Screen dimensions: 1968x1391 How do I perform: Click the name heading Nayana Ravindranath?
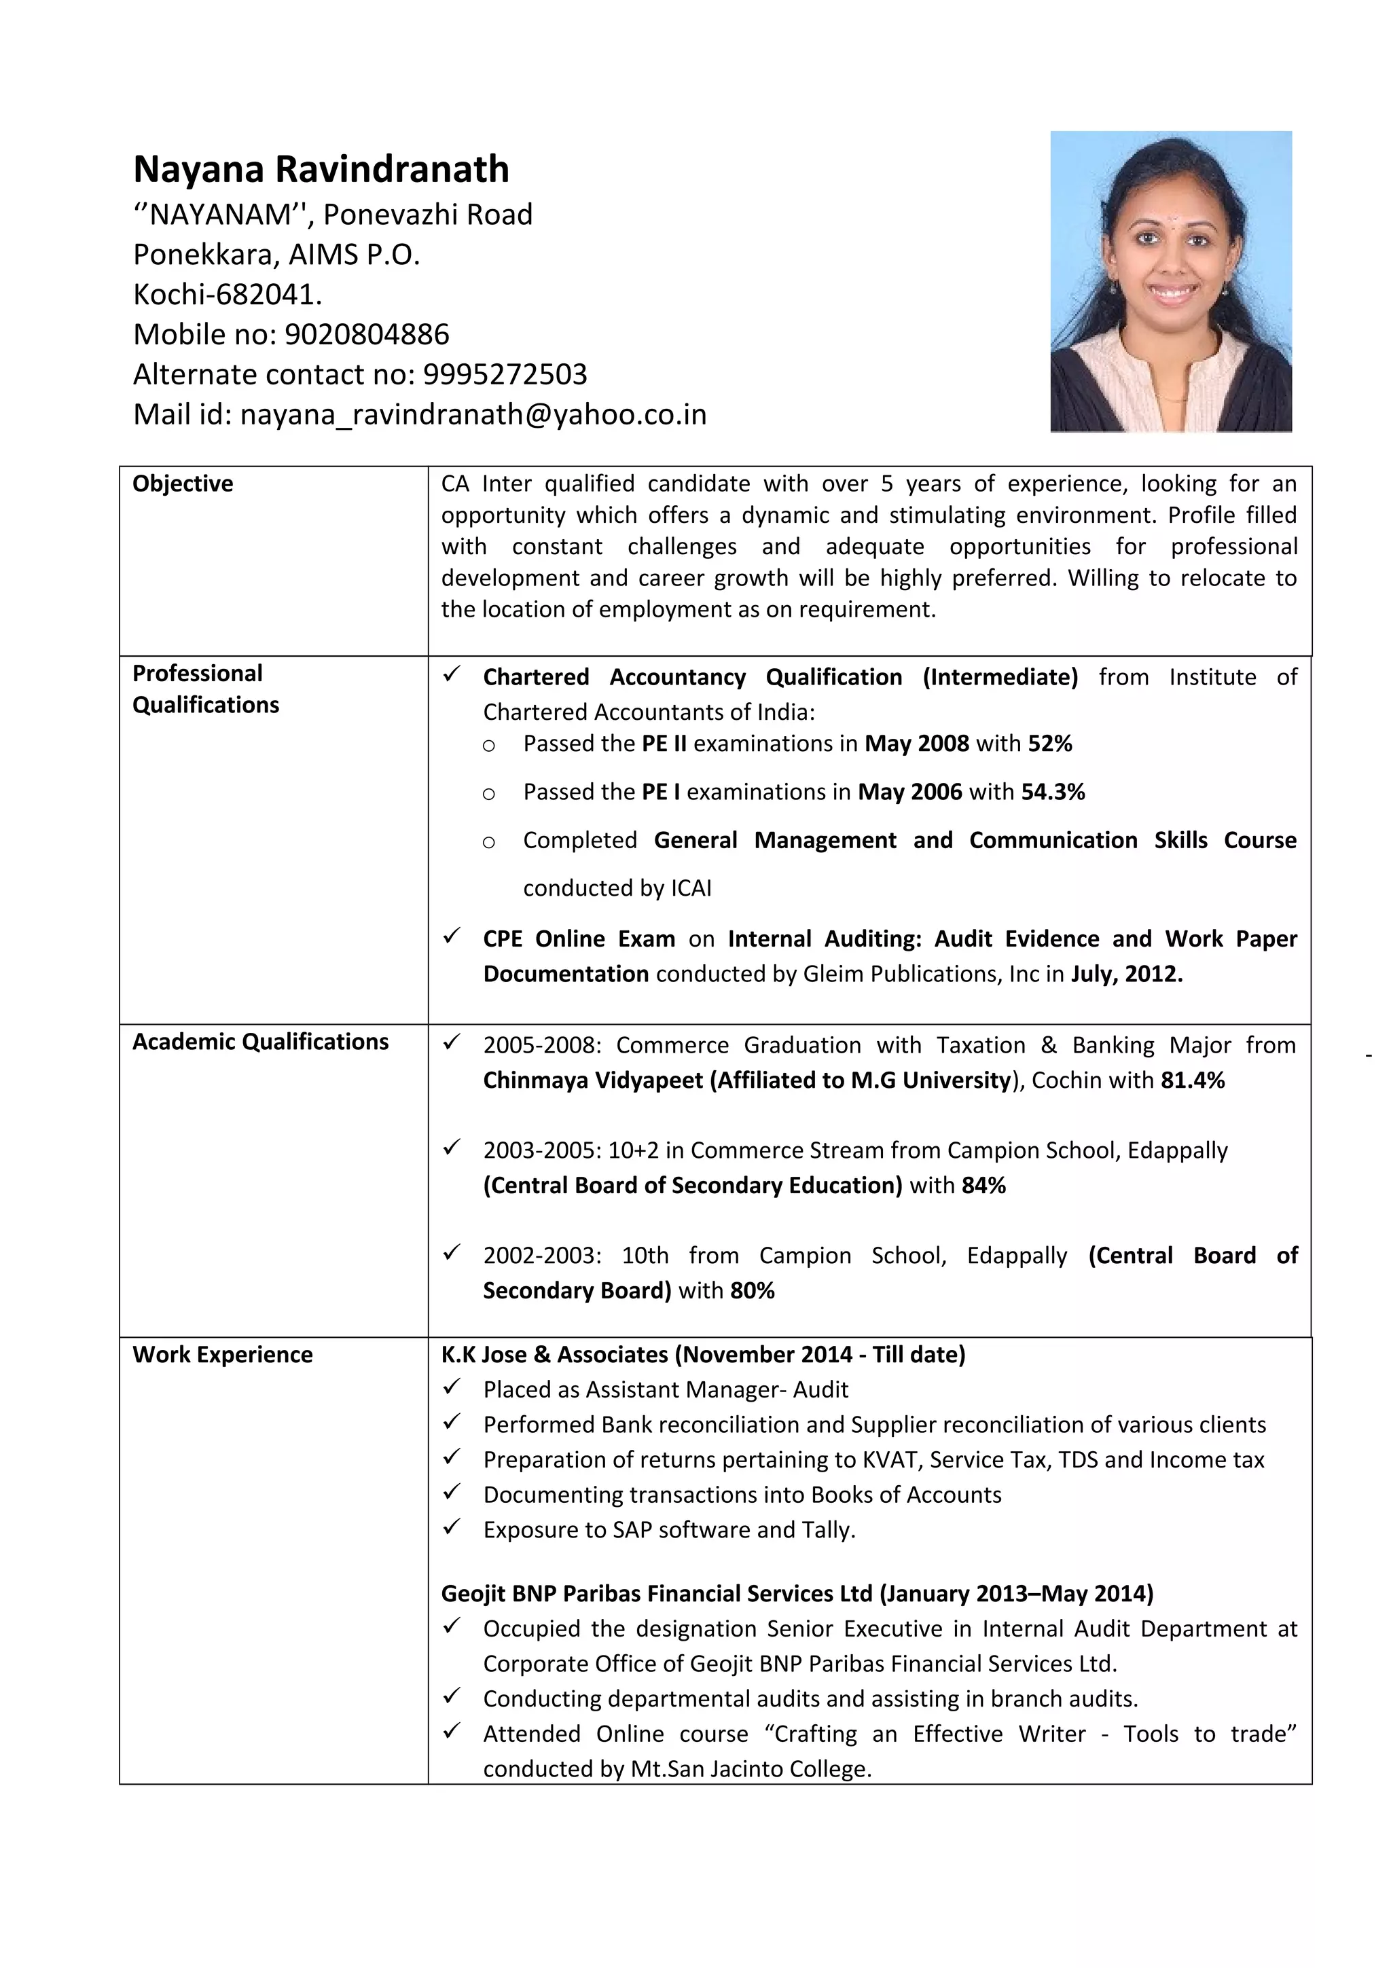click(321, 169)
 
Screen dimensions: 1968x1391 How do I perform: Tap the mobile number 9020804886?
click(367, 334)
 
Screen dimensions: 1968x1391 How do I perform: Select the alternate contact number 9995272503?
click(505, 375)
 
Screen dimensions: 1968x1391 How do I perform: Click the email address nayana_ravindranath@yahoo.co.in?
click(473, 415)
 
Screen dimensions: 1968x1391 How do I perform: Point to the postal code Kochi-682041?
click(227, 294)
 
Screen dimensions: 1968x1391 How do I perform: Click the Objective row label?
click(183, 484)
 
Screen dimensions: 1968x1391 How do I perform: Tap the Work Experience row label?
click(222, 1354)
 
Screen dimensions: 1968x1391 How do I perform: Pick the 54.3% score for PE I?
click(1053, 791)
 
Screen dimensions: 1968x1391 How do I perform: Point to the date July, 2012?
click(1126, 974)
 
